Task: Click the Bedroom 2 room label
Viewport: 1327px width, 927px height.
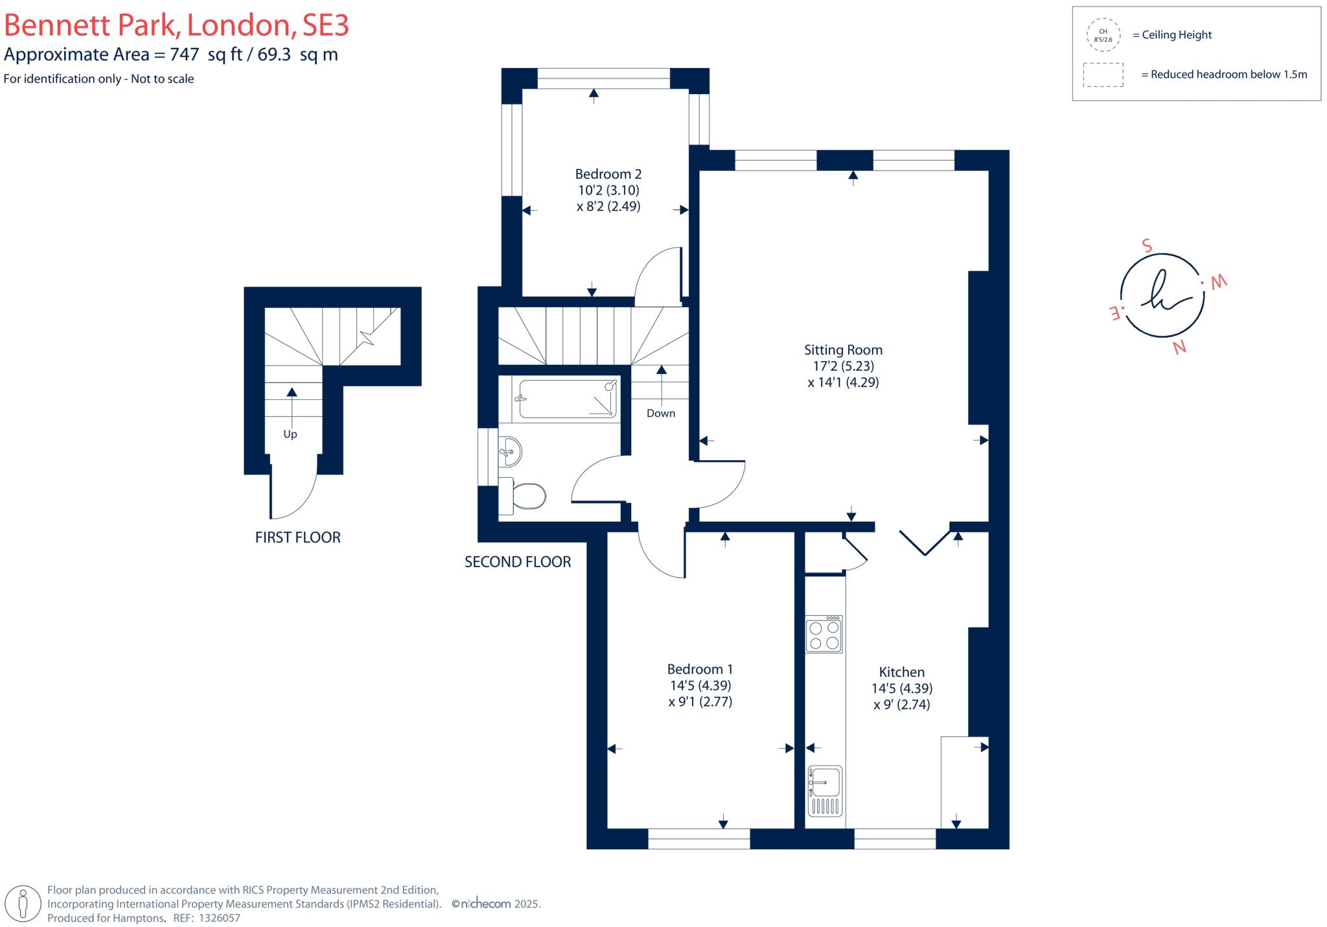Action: coord(608,174)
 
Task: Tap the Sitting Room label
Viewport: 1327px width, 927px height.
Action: coord(843,350)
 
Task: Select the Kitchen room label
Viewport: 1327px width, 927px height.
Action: coord(901,672)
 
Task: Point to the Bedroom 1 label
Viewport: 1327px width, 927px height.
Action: coord(700,669)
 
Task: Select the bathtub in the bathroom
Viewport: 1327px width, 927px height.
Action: coord(567,399)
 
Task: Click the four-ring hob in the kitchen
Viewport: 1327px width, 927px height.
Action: coord(824,635)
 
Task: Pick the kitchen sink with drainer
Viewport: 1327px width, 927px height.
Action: coord(824,791)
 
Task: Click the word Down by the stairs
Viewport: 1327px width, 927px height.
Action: coord(660,414)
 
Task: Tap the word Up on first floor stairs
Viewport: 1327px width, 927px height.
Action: coord(290,434)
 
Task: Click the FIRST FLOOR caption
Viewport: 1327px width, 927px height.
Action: coord(297,537)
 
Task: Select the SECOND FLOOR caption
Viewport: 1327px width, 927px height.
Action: coord(518,562)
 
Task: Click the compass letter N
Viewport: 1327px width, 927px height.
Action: coord(1179,347)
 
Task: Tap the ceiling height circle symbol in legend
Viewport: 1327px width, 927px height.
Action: coord(1103,35)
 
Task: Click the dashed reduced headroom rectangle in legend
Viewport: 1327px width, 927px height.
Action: coord(1103,75)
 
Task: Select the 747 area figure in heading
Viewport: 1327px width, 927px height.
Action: coord(184,54)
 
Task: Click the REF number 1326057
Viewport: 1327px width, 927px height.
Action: coord(219,918)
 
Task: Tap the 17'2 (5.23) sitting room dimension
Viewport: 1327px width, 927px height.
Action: coord(843,366)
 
